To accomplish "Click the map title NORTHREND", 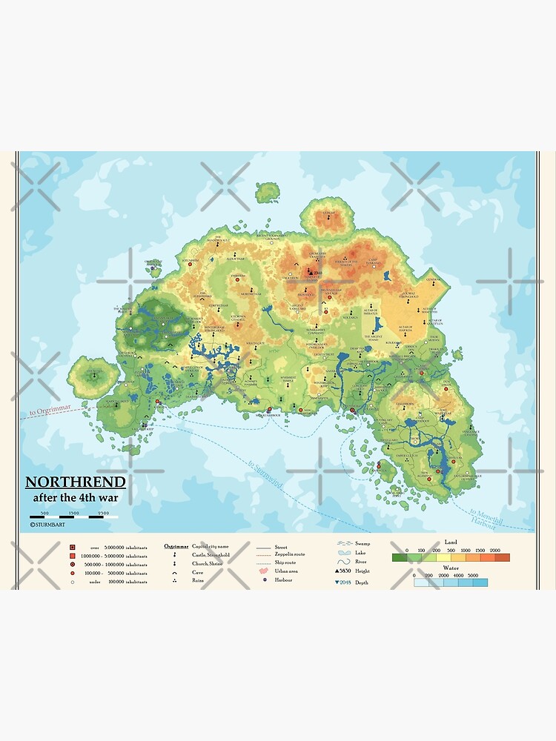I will (x=76, y=482).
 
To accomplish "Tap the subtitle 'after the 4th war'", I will (x=76, y=497).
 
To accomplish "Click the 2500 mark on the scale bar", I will (x=103, y=513).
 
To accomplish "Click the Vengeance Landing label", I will (x=471, y=432).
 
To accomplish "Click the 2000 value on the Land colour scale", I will (x=496, y=551).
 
